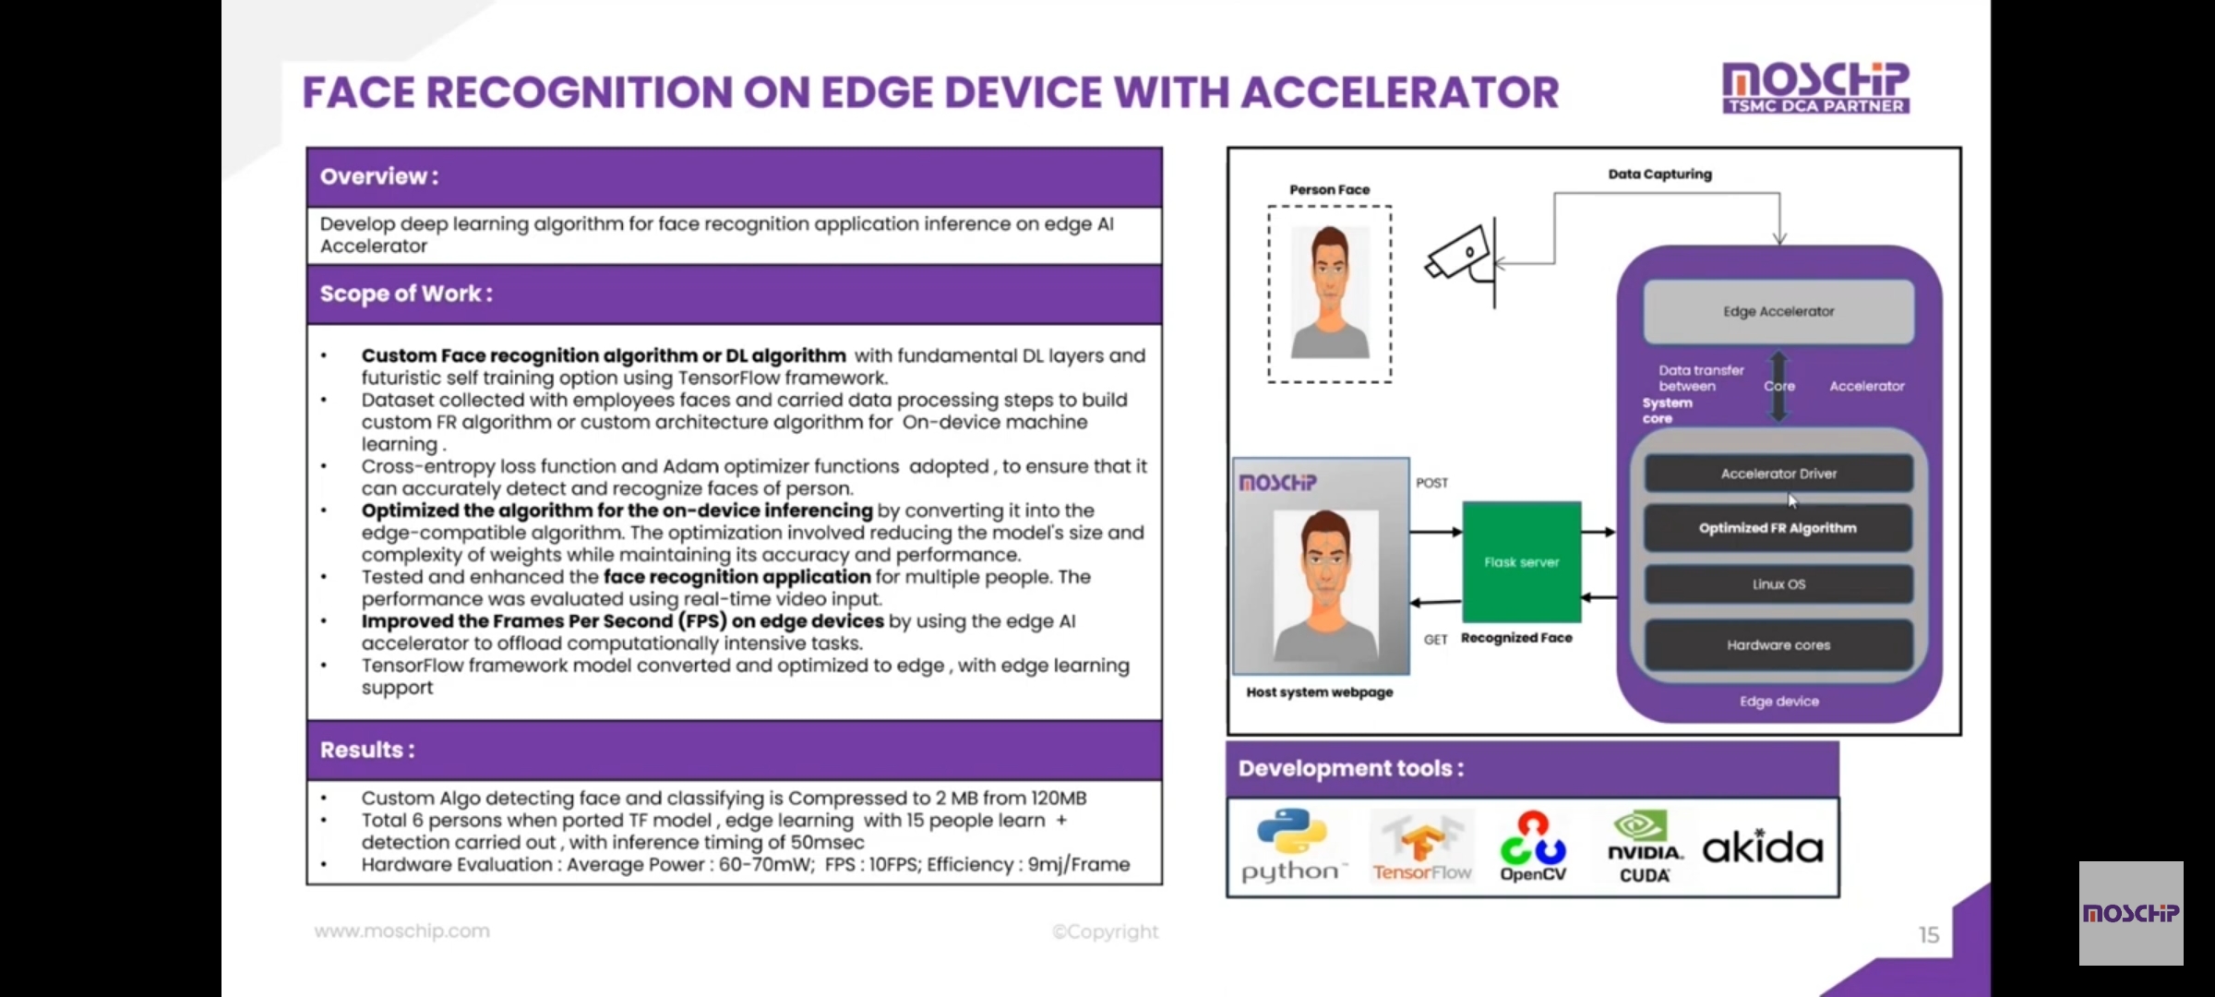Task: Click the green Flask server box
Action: point(1521,561)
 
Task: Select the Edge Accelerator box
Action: point(1778,311)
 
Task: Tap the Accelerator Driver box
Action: point(1778,474)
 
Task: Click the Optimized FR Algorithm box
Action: point(1778,528)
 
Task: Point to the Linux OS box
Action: point(1778,584)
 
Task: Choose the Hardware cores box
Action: point(1778,644)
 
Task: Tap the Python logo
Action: point(1291,846)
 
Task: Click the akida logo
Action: point(1762,846)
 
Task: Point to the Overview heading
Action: point(379,176)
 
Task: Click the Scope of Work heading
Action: point(406,294)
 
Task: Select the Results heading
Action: point(367,750)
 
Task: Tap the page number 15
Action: point(1929,935)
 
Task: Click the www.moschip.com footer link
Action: point(402,931)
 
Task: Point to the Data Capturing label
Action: point(1659,174)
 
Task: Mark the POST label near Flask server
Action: point(1432,483)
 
